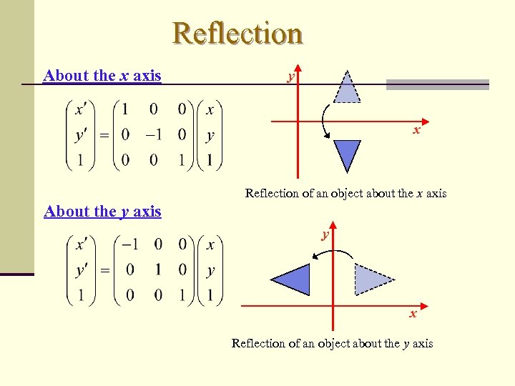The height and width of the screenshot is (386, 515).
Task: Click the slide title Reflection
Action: (x=237, y=34)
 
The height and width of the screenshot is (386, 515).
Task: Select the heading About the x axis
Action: (x=102, y=76)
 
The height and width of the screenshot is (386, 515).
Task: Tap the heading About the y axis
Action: (x=102, y=212)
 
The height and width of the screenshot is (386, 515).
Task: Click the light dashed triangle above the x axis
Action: (x=347, y=89)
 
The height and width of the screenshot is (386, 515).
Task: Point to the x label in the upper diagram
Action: (x=416, y=131)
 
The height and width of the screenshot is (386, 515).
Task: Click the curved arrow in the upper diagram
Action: (x=324, y=121)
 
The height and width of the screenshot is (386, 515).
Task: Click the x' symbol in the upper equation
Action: (x=81, y=109)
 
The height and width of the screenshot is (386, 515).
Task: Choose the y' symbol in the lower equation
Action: (x=82, y=270)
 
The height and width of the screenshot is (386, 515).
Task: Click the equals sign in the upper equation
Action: (x=104, y=135)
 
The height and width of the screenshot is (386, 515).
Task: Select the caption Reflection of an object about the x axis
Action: (x=345, y=193)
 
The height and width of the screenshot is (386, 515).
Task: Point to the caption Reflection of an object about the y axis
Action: (x=332, y=344)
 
